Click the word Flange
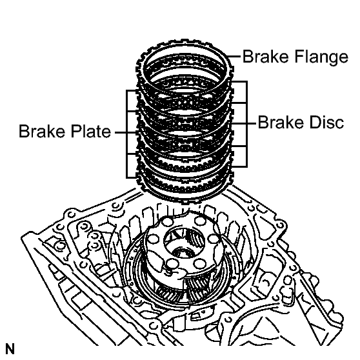tap(321, 57)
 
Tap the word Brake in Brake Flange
tap(265, 56)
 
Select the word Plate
tap(91, 131)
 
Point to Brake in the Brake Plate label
tap(42, 131)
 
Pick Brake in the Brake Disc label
tap(281, 123)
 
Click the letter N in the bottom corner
tap(10, 349)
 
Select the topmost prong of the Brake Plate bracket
tap(132, 91)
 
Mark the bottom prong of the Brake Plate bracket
tap(132, 177)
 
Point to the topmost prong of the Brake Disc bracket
tap(239, 81)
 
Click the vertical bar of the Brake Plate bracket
tap(126, 134)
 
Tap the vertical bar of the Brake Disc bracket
tap(246, 124)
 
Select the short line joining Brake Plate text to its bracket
tap(121, 132)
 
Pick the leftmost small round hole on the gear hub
tap(153, 238)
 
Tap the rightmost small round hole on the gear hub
tap(214, 239)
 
